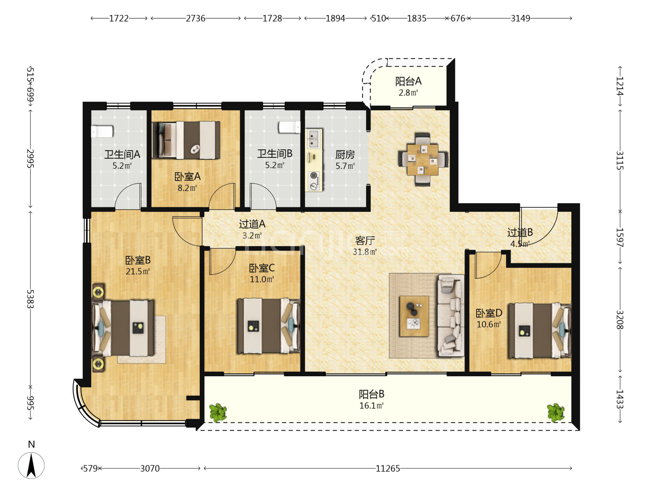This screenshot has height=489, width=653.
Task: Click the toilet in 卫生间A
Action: pos(102,131)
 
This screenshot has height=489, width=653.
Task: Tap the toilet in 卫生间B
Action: pos(289,127)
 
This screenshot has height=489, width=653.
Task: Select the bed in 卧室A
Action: pos(186,140)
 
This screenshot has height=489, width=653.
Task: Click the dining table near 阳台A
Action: pos(423,159)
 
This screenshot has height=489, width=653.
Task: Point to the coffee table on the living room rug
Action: pos(414,316)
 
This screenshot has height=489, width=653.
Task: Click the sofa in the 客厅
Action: pos(451,315)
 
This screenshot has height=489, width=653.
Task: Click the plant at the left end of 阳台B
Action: pos(218,412)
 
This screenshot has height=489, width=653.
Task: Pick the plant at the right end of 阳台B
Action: pos(556,412)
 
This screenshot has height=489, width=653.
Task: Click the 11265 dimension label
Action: pos(388,469)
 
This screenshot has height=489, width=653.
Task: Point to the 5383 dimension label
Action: pos(30,299)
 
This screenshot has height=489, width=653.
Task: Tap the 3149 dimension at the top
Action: pos(520,18)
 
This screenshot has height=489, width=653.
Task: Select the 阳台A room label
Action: pos(408,81)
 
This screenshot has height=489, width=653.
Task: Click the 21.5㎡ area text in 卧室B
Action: pos(138,271)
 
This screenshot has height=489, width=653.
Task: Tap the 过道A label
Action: pos(252,224)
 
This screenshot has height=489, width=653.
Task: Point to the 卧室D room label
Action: pos(489,313)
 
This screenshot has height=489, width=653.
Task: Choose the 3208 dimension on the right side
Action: pos(620,320)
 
